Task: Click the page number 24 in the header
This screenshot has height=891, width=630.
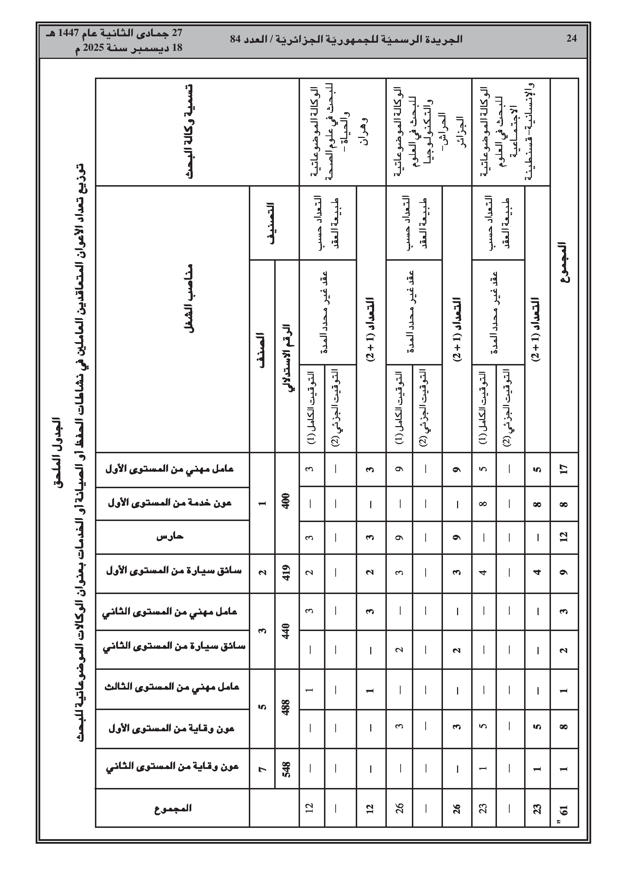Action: [x=571, y=38]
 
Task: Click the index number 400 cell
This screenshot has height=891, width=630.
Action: [x=287, y=503]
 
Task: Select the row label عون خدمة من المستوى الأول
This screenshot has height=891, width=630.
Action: [x=170, y=503]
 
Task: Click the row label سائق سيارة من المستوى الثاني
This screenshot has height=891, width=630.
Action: [x=174, y=647]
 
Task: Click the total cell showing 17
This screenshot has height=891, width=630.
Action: [x=564, y=469]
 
